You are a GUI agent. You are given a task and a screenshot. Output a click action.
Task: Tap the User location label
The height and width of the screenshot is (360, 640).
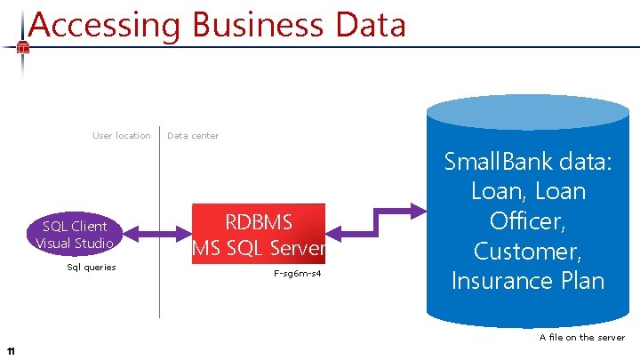(122, 136)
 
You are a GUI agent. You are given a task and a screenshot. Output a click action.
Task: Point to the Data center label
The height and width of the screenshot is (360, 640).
(193, 136)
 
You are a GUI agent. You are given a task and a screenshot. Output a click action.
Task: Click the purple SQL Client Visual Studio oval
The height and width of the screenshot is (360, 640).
(74, 235)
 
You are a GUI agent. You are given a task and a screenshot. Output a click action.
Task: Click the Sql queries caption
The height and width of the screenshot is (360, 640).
(92, 268)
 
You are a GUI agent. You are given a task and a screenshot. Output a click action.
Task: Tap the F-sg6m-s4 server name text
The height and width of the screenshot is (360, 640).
(298, 273)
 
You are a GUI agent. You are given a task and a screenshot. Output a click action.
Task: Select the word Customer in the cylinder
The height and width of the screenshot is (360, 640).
(528, 252)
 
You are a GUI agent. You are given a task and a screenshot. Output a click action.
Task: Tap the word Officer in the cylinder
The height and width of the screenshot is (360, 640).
(528, 221)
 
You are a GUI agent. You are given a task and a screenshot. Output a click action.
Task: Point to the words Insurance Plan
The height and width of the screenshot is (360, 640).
(528, 281)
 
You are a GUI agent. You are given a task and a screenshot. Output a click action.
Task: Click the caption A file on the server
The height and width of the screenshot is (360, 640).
(581, 337)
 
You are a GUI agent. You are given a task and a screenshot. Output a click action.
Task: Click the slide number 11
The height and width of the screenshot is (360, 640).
(10, 350)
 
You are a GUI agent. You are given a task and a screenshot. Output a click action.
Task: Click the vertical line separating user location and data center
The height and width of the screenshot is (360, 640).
(160, 222)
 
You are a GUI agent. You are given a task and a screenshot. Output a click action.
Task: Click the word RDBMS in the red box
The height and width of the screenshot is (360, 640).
(259, 222)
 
